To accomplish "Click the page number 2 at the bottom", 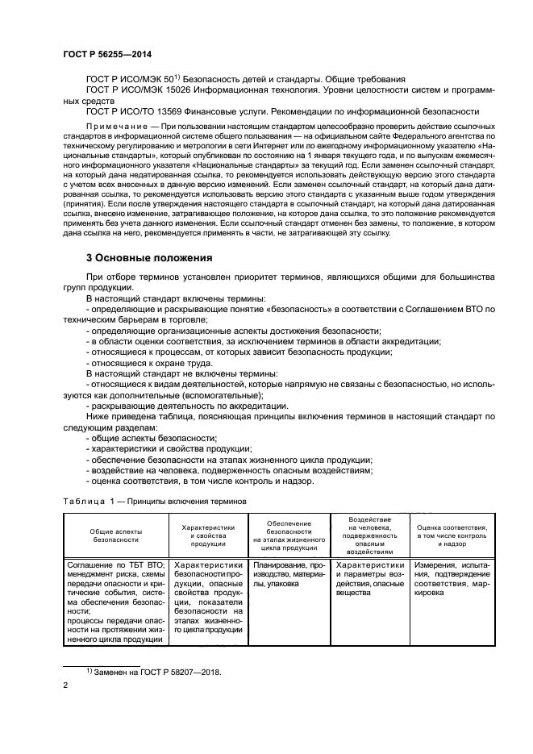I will (x=66, y=685).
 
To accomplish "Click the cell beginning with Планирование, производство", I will (x=288, y=573).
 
